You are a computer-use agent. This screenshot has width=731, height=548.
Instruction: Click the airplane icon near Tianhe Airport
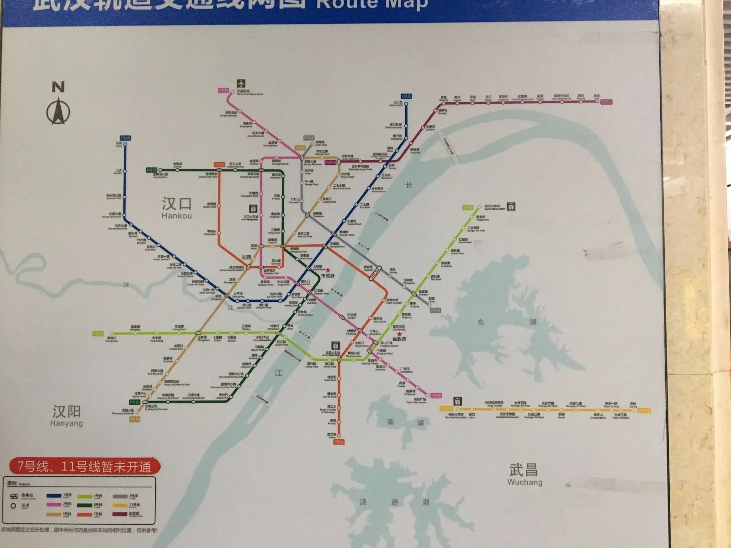click(241, 84)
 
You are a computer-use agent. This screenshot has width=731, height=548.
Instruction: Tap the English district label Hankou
click(176, 216)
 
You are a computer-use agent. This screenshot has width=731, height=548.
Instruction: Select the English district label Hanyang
click(66, 423)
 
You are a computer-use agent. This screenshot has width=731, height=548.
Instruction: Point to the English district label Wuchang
click(524, 482)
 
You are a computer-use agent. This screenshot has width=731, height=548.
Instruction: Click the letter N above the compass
click(58, 87)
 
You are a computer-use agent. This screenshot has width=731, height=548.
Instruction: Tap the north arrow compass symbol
click(58, 111)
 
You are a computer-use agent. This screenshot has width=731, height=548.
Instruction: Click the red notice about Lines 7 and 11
click(85, 467)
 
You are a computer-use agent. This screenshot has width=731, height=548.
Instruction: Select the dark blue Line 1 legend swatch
click(54, 496)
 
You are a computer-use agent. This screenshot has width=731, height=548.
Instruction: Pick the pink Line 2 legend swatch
click(54, 505)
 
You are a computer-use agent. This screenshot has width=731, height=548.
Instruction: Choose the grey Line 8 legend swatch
click(120, 496)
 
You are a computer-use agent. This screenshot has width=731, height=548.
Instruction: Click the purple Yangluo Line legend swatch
click(120, 514)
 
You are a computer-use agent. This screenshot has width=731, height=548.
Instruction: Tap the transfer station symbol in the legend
click(14, 496)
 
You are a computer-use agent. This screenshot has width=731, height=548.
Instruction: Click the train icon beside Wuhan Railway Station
click(511, 206)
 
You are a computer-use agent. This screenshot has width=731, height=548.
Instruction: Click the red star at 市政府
click(328, 270)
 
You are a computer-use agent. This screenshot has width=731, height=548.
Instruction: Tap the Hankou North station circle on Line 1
click(406, 102)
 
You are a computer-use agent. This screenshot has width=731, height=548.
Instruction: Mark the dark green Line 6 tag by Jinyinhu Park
click(152, 170)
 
